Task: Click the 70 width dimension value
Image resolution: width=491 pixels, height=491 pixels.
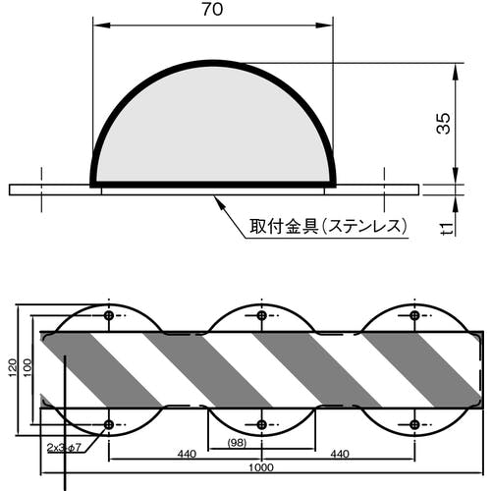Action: tap(213, 9)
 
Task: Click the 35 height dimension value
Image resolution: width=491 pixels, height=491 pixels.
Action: tap(444, 123)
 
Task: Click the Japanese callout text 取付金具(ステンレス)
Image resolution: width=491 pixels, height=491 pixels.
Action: tap(328, 226)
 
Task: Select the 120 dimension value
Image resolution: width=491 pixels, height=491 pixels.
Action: tap(13, 367)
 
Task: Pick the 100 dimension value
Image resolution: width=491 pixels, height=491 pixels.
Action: tap(27, 367)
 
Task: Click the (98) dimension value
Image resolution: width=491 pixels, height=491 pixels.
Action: tap(237, 443)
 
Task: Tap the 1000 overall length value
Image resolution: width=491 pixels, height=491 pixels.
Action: tap(261, 467)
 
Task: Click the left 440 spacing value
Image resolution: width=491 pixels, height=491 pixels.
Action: tap(187, 454)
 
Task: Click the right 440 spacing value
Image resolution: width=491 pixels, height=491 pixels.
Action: tap(340, 454)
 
